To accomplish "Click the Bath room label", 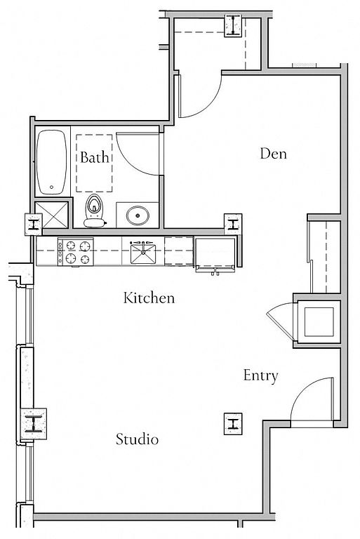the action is pyautogui.click(x=94, y=157).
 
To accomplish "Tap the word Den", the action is pyautogui.click(x=274, y=153).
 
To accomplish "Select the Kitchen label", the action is pyautogui.click(x=149, y=298).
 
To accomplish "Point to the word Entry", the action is pyautogui.click(x=260, y=375).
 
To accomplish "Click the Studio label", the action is pyautogui.click(x=137, y=439).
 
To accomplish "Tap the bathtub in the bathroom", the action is pyautogui.click(x=51, y=162).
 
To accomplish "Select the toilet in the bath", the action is pyautogui.click(x=94, y=211).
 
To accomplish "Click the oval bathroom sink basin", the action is pyautogui.click(x=138, y=215).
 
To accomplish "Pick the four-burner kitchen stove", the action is pyautogui.click(x=76, y=252).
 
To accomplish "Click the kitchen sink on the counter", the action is pyautogui.click(x=143, y=253).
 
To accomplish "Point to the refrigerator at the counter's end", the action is pyautogui.click(x=215, y=253).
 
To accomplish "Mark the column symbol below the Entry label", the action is pyautogui.click(x=233, y=424).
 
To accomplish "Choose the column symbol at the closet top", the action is pyautogui.click(x=234, y=25).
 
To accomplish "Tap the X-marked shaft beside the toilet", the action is pyautogui.click(x=52, y=215).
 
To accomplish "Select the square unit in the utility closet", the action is pyautogui.click(x=319, y=321).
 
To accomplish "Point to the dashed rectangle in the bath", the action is pyautogui.click(x=94, y=164).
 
